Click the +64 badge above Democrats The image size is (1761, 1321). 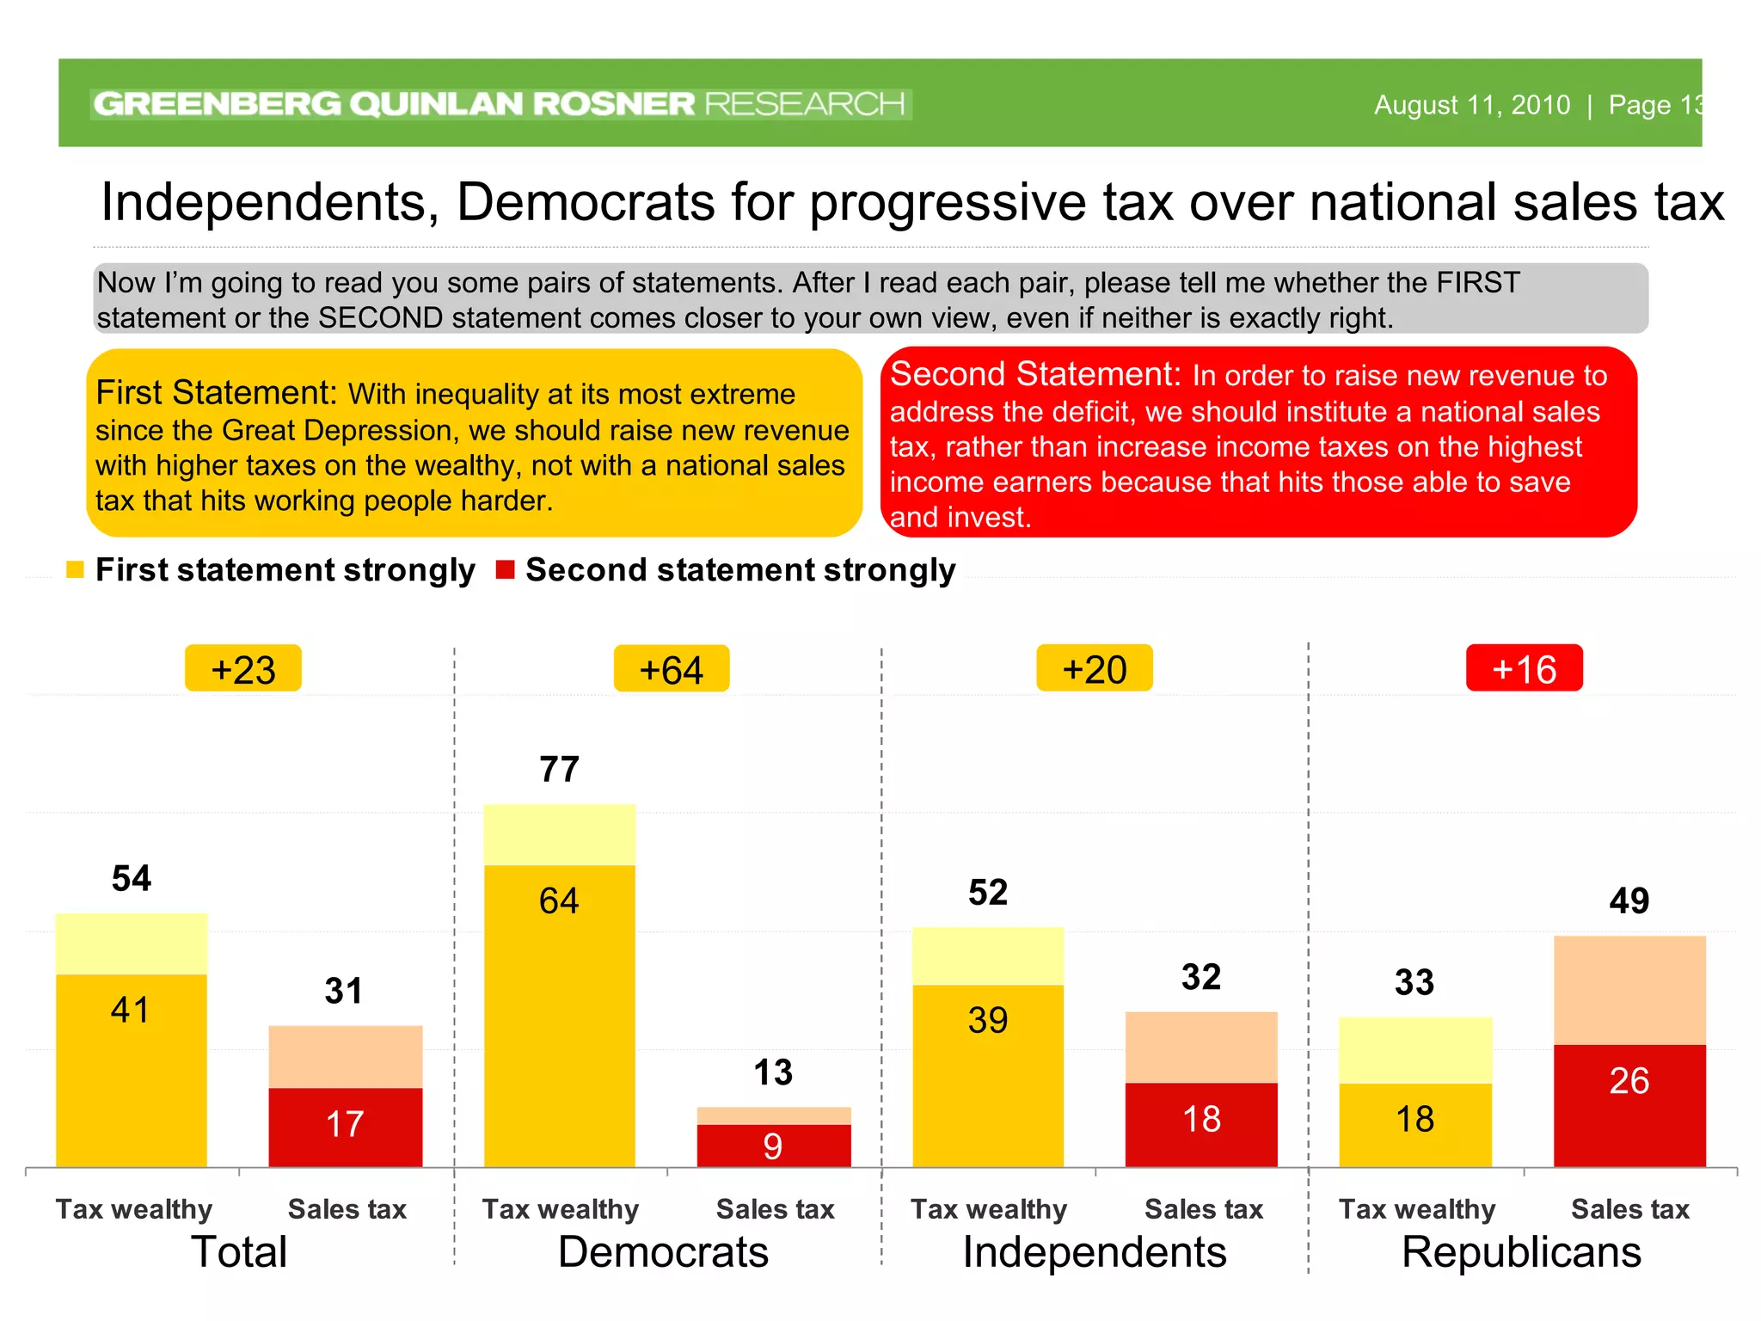[672, 669]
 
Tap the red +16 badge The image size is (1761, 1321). [1524, 668]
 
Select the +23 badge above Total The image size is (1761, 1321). [243, 669]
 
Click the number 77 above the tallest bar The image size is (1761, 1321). [559, 769]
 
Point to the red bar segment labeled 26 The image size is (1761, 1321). [1629, 1105]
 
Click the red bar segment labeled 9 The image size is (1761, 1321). [774, 1146]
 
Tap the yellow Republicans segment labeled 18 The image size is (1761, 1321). [1415, 1125]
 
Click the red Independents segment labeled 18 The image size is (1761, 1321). [1201, 1124]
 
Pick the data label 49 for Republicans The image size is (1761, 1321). [1629, 900]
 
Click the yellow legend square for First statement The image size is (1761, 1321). [76, 569]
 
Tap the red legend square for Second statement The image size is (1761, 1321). [506, 569]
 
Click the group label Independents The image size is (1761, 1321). [1095, 1252]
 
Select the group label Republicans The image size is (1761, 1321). [1521, 1252]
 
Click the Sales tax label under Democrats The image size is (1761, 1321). [775, 1209]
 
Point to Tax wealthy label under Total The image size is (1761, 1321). [134, 1209]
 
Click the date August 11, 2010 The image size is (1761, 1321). [1471, 105]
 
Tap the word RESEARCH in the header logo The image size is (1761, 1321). [804, 104]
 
